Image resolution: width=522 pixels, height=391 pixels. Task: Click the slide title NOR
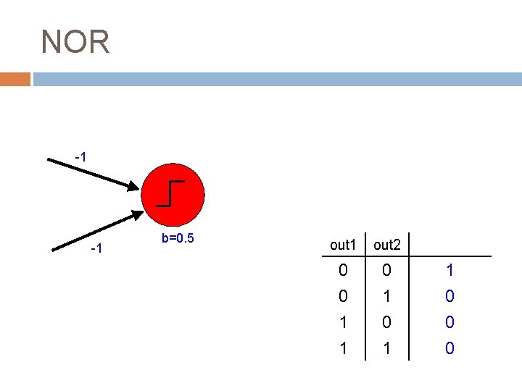(x=75, y=42)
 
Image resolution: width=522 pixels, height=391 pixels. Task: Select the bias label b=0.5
(x=178, y=238)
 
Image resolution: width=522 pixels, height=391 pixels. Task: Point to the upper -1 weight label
(x=81, y=157)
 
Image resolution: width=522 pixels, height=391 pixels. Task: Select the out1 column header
(x=343, y=245)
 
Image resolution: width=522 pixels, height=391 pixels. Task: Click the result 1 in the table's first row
(x=449, y=271)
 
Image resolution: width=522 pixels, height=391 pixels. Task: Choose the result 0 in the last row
(x=449, y=348)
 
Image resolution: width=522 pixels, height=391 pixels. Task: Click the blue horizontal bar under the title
(x=275, y=79)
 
